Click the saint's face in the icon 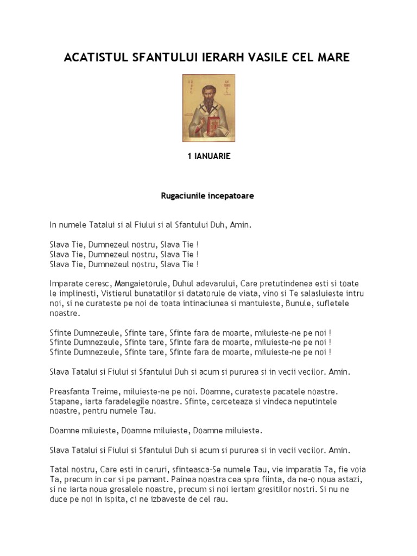tap(207, 93)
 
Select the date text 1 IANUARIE tap(208, 156)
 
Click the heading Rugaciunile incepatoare tap(208, 196)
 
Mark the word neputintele tap(328, 401)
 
